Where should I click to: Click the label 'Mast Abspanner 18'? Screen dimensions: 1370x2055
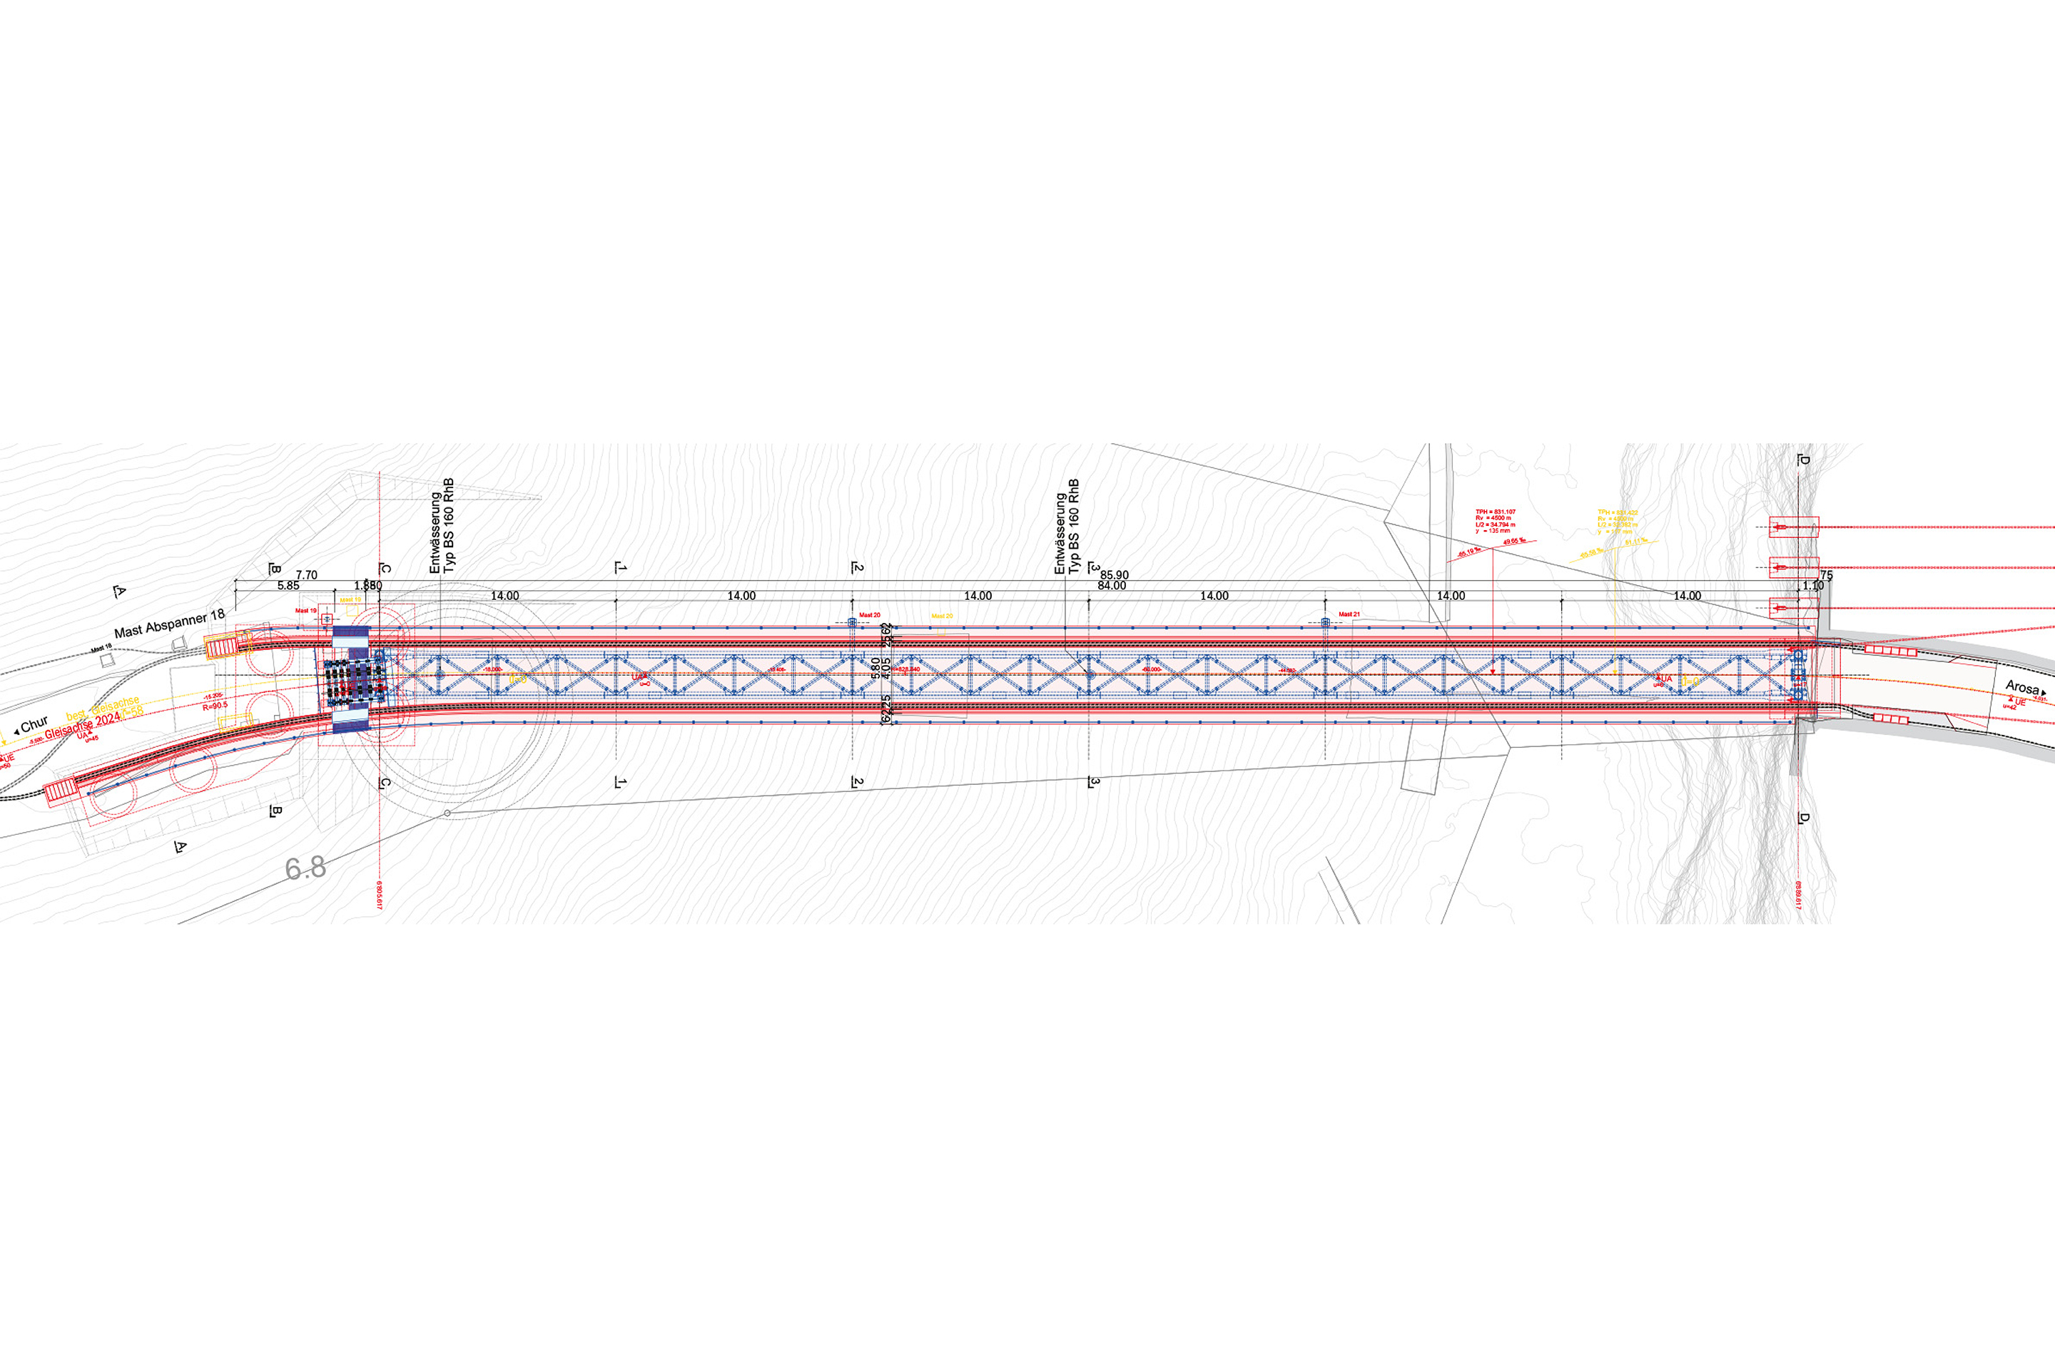pos(170,624)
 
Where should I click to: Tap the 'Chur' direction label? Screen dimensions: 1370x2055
pos(34,725)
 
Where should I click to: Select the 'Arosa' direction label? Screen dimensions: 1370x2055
pos(2021,688)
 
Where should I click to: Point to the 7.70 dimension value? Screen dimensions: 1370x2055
pos(306,575)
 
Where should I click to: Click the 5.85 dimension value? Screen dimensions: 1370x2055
pos(288,585)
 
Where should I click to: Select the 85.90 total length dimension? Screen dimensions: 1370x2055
pos(1115,575)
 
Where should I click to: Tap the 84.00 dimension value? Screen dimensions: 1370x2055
pos(1112,585)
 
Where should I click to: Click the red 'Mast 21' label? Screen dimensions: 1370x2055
pos(1349,614)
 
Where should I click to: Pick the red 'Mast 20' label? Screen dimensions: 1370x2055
pos(869,615)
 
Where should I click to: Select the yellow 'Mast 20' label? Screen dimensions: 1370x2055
pos(942,616)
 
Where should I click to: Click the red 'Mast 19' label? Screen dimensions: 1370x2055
pos(306,611)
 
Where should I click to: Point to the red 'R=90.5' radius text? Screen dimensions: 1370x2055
pos(215,705)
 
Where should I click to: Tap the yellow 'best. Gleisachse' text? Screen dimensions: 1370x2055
pos(102,709)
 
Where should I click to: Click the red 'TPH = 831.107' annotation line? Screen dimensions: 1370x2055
pos(1495,512)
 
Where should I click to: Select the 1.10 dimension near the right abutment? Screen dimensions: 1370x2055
pos(1813,585)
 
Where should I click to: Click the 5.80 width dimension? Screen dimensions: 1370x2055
pos(876,669)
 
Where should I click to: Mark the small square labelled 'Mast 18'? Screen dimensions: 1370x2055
pos(106,661)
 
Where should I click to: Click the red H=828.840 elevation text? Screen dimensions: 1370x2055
pos(905,669)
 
